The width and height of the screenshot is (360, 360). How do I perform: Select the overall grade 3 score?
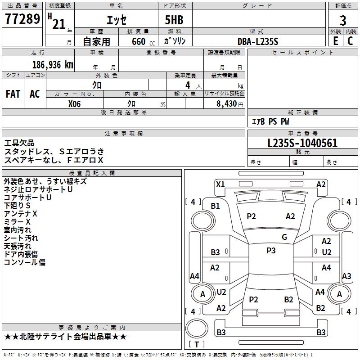pyautogui.click(x=343, y=20)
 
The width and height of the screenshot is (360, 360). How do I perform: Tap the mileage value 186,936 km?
pyautogui.click(x=53, y=65)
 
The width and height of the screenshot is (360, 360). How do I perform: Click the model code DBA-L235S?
pyautogui.click(x=258, y=41)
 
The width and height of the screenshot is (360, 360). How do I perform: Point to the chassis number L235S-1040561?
pyautogui.click(x=302, y=144)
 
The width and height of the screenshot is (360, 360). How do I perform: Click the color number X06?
pyautogui.click(x=75, y=104)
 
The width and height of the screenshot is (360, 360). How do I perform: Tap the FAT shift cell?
pyautogui.click(x=13, y=94)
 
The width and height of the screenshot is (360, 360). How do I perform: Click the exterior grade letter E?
pyautogui.click(x=335, y=41)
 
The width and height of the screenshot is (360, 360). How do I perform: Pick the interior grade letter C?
pyautogui.click(x=350, y=41)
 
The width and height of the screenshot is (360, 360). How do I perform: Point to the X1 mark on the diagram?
pyautogui.click(x=220, y=184)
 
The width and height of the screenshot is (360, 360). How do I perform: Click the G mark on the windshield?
pyautogui.click(x=284, y=237)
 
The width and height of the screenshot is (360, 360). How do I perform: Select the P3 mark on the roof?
pyautogui.click(x=271, y=251)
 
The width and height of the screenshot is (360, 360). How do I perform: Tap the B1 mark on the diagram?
pyautogui.click(x=216, y=206)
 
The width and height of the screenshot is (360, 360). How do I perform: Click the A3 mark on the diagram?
pyautogui.click(x=346, y=276)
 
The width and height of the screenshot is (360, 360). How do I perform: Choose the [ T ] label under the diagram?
pyautogui.click(x=197, y=344)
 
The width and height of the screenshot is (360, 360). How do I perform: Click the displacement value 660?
pyautogui.click(x=139, y=41)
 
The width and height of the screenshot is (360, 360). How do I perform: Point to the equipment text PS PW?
pyautogui.click(x=279, y=121)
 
